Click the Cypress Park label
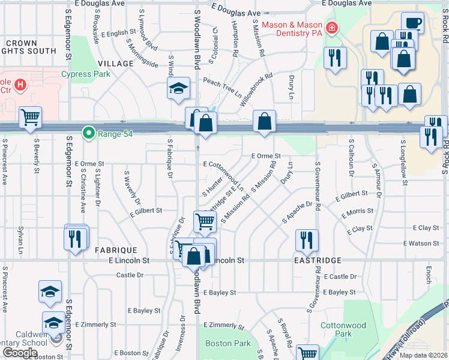[86, 74]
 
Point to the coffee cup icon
[412, 23]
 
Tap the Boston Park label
[228, 344]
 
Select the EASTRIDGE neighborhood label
[318, 260]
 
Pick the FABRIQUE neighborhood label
[116, 250]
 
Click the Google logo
[20, 352]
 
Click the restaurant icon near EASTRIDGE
[307, 239]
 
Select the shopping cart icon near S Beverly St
[30, 117]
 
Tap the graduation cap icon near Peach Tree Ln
[179, 88]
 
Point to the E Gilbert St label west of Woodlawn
[146, 211]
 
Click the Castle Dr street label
[130, 275]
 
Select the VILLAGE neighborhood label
[115, 64]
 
